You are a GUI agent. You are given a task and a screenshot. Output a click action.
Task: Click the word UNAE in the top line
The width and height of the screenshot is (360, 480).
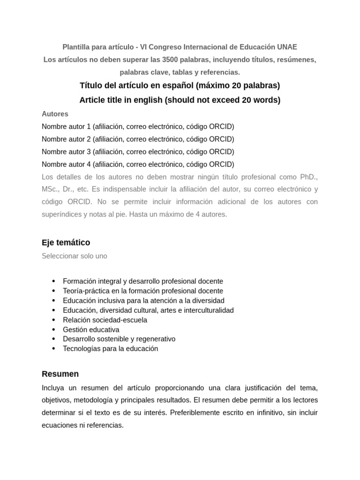coord(287,47)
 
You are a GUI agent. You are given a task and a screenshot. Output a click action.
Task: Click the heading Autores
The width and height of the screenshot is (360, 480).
coord(55,114)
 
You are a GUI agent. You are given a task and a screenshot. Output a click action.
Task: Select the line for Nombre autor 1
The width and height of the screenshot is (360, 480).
coord(138,127)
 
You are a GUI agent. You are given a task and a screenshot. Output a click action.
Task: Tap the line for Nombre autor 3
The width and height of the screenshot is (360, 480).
coord(138,152)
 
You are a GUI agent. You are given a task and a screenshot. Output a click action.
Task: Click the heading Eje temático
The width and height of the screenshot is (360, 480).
coord(66,242)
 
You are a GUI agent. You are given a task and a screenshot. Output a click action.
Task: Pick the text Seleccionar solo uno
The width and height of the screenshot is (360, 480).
coord(75,256)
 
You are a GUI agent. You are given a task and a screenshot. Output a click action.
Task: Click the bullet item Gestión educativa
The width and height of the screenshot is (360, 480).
coord(91,330)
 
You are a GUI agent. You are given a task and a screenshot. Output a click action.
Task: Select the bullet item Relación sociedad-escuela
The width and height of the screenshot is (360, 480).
coord(105,320)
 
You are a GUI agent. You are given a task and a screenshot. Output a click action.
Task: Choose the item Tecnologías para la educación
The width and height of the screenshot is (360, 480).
coord(111,349)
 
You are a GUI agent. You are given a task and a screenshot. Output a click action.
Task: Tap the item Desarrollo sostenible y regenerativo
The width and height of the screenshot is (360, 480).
coord(119,339)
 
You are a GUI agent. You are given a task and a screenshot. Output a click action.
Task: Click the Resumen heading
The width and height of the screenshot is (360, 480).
coord(60,374)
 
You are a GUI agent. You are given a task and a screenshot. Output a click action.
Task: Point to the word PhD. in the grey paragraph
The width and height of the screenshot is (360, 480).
coord(307,177)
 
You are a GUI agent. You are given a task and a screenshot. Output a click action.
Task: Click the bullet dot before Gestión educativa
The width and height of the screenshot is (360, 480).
coord(53,330)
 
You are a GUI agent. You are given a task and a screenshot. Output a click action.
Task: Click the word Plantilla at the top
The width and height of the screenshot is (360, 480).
coord(77,47)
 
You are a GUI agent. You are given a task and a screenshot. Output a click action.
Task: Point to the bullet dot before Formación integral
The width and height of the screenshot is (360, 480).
coord(53,281)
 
